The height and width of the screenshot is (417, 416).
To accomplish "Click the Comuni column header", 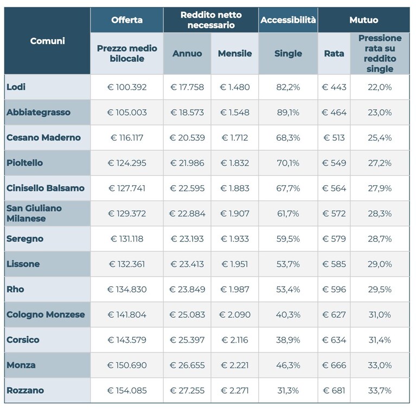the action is click(47, 41).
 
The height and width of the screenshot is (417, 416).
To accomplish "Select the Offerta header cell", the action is click(127, 20).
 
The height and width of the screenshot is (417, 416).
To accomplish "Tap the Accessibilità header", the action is click(288, 20).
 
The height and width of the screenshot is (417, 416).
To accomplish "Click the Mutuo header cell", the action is click(364, 20).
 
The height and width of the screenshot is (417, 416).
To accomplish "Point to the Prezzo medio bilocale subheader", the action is click(127, 53).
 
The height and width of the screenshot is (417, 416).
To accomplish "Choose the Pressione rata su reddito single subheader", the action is click(380, 53).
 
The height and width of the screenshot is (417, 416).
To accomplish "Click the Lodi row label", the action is click(16, 87).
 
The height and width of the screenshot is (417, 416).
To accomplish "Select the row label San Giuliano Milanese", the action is click(34, 213).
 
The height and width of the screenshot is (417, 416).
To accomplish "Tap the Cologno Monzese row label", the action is click(46, 314).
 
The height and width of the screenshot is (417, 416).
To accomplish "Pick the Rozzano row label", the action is click(25, 390).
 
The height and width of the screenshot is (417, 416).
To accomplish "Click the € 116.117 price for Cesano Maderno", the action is click(127, 137).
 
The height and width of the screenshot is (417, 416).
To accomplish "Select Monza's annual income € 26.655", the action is click(187, 365).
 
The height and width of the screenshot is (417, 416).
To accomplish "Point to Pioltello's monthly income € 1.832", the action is click(235, 163).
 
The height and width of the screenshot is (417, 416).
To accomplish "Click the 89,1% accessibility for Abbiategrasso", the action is click(288, 112).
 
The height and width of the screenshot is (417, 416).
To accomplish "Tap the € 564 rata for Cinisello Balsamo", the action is click(334, 188).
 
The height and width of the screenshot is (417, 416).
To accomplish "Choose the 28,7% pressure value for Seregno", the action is click(380, 238).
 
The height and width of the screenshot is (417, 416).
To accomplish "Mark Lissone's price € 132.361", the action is click(127, 264).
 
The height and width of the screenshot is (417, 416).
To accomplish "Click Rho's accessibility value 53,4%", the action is click(288, 289).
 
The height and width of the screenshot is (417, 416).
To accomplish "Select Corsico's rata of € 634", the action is click(334, 339).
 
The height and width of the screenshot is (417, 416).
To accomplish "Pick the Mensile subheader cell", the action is click(235, 53).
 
